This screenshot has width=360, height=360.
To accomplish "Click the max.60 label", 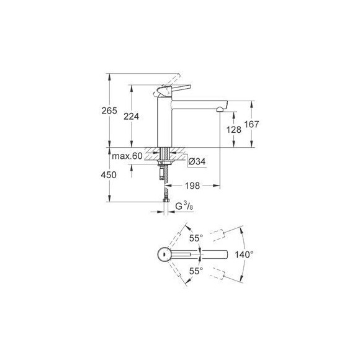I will pos(128,155).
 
